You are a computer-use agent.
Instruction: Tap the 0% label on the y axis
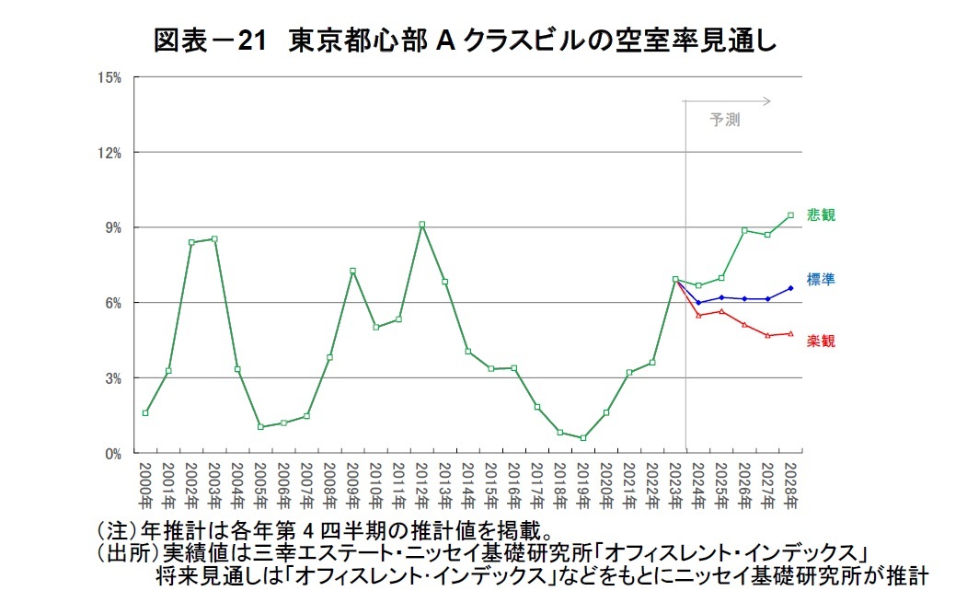point(113,454)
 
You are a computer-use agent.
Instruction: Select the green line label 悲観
point(821,215)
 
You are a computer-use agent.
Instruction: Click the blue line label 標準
point(821,279)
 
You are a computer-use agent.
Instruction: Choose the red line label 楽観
point(821,342)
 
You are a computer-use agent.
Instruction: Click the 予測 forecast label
point(724,120)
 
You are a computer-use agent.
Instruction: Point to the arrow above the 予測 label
point(727,100)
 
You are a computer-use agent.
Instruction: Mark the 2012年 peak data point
point(421,225)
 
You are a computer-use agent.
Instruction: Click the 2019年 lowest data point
point(583,438)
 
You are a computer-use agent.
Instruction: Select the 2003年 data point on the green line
point(214,238)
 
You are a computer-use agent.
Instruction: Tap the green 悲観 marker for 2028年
point(790,215)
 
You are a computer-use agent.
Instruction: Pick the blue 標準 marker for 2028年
point(790,288)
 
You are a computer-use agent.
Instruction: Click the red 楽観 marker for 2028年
point(790,333)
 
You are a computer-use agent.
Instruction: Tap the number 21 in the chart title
point(250,41)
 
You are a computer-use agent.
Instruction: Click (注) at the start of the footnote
point(114,532)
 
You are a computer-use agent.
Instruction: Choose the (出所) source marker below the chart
point(127,554)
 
